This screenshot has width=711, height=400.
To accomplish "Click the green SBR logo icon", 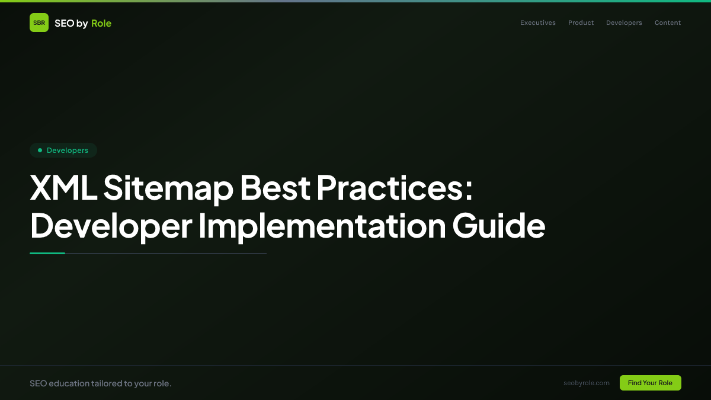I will tap(39, 23).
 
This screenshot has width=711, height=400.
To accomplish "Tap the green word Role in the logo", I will tap(101, 23).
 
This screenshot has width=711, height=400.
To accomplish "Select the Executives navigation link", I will tap(538, 23).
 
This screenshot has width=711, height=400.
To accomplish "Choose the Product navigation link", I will tap(581, 23).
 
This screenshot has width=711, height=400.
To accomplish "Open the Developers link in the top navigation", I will tap(624, 23).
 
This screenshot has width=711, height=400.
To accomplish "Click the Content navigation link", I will tap(668, 23).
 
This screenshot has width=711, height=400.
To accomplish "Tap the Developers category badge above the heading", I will tap(63, 151).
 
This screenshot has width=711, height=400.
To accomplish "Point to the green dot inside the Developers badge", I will tap(40, 151).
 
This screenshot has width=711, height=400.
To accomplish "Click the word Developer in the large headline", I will tap(111, 226).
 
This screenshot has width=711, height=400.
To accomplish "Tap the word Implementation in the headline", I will tap(322, 226).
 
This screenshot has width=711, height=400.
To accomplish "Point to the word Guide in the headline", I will tap(499, 226).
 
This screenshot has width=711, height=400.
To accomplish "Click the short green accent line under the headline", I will tap(47, 253).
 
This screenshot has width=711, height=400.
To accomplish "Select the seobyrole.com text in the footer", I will tap(587, 383).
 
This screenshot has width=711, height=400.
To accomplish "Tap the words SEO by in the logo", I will tap(71, 23).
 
